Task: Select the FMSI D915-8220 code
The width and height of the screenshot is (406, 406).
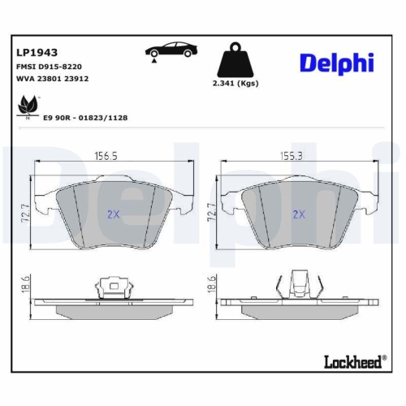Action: (49, 67)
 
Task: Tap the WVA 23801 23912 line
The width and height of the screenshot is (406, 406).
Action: (52, 80)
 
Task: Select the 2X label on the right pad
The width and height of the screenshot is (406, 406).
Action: (298, 214)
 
